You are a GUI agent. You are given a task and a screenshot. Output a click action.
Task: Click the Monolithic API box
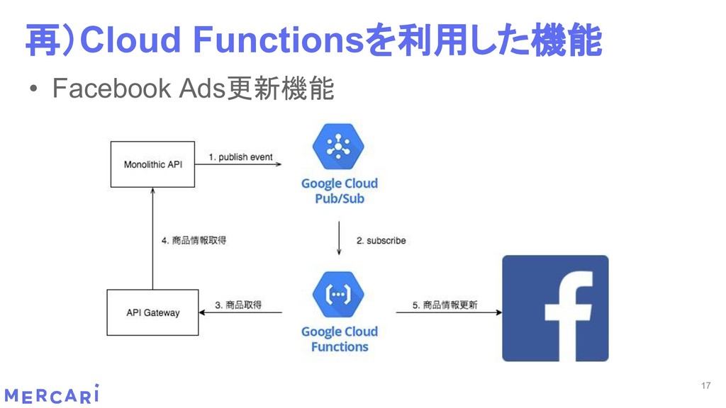(152, 164)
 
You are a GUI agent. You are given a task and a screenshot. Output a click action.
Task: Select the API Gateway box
(152, 312)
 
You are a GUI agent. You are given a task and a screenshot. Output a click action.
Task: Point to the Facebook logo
(555, 308)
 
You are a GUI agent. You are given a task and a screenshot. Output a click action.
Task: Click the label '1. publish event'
(240, 157)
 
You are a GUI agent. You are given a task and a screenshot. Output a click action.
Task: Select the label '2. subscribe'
(381, 241)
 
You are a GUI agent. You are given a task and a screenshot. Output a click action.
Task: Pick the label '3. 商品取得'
(238, 305)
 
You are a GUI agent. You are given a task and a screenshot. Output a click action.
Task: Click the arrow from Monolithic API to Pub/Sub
(238, 164)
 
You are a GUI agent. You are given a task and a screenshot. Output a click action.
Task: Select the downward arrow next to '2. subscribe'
(339, 239)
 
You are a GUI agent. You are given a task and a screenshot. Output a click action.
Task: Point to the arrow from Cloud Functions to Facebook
(447, 313)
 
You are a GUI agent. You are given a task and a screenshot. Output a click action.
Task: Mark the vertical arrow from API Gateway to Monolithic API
(152, 238)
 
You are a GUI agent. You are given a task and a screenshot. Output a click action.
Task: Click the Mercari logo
(52, 395)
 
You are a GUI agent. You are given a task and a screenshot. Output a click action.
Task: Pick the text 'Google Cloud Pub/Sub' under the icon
(340, 191)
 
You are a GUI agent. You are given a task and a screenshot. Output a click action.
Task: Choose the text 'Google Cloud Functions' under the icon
(340, 339)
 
